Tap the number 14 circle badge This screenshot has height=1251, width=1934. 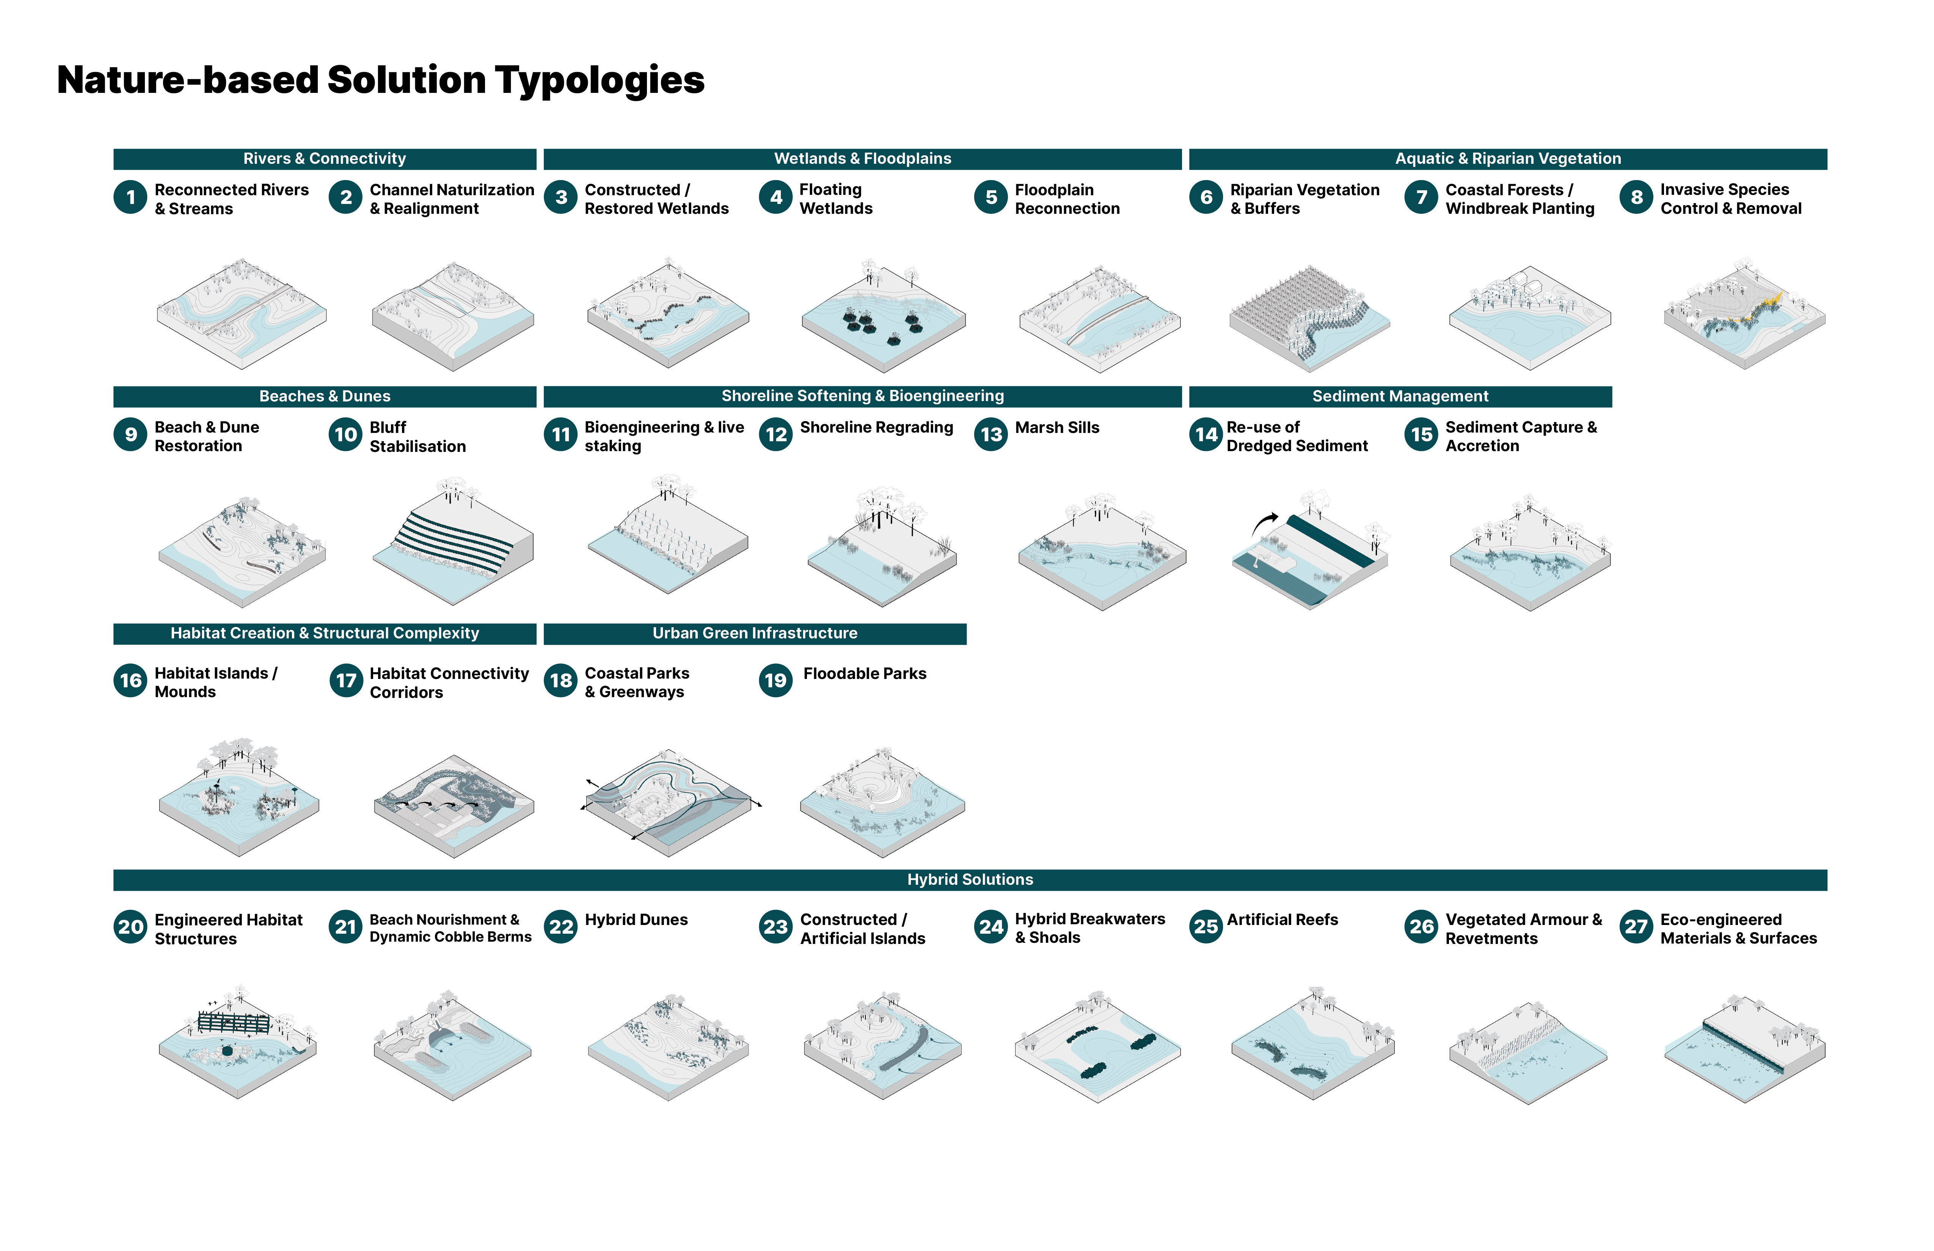[x=1206, y=434]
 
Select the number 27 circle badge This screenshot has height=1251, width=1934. [x=1636, y=927]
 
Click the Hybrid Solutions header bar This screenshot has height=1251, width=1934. [x=970, y=880]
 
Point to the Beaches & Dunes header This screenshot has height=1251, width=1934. [x=325, y=397]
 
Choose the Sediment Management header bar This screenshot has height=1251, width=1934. [x=1400, y=397]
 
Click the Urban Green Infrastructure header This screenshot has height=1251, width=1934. [x=755, y=633]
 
